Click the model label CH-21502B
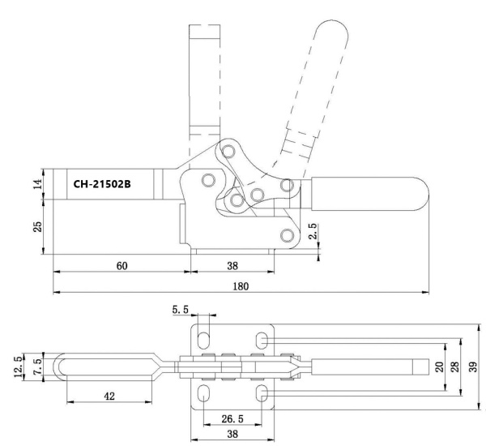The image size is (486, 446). coord(103,183)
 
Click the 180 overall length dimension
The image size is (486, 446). coord(240,285)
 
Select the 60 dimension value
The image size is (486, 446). coord(121,264)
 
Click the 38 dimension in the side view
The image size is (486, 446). coord(232,264)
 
